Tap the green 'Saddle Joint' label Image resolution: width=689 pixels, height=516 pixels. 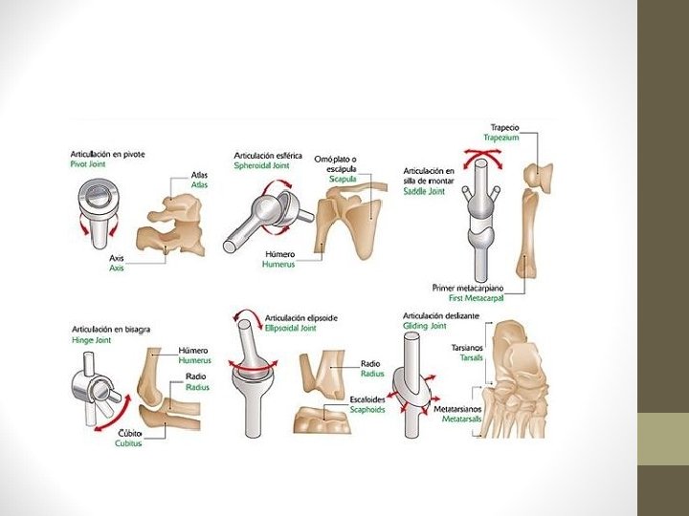pos(423,191)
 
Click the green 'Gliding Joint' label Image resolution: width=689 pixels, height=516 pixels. pos(424,326)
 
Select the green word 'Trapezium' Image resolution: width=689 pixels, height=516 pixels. pos(506,138)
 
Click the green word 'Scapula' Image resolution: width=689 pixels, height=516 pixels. pos(344,179)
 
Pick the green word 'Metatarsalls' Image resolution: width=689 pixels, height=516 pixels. pos(458,418)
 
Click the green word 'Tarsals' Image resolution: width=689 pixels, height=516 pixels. pos(471,358)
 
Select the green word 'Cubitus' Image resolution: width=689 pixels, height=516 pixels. pos(128,443)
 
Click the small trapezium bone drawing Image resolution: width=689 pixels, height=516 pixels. pos(539,177)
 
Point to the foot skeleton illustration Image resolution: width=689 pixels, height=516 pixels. pos(522,382)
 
